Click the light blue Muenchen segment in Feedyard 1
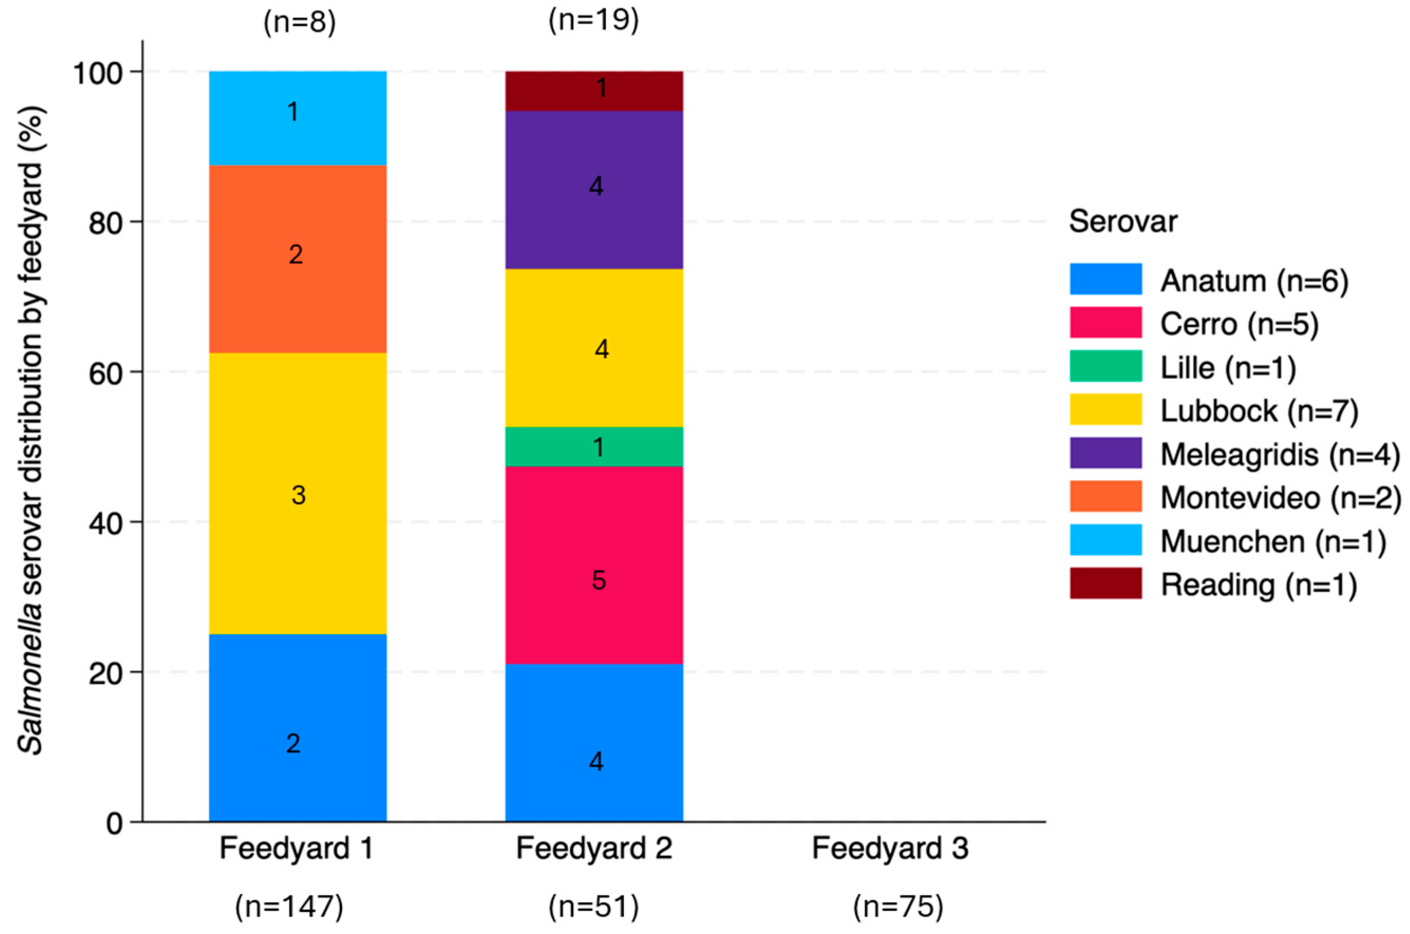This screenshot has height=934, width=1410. pos(297,118)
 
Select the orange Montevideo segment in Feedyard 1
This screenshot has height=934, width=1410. pos(297,259)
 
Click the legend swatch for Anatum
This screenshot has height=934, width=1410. pos(1105,279)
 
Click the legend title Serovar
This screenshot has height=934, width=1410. pos(1122,222)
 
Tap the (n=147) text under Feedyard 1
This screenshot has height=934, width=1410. pos(289,907)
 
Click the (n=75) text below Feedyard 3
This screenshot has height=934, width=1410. pos(897,907)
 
